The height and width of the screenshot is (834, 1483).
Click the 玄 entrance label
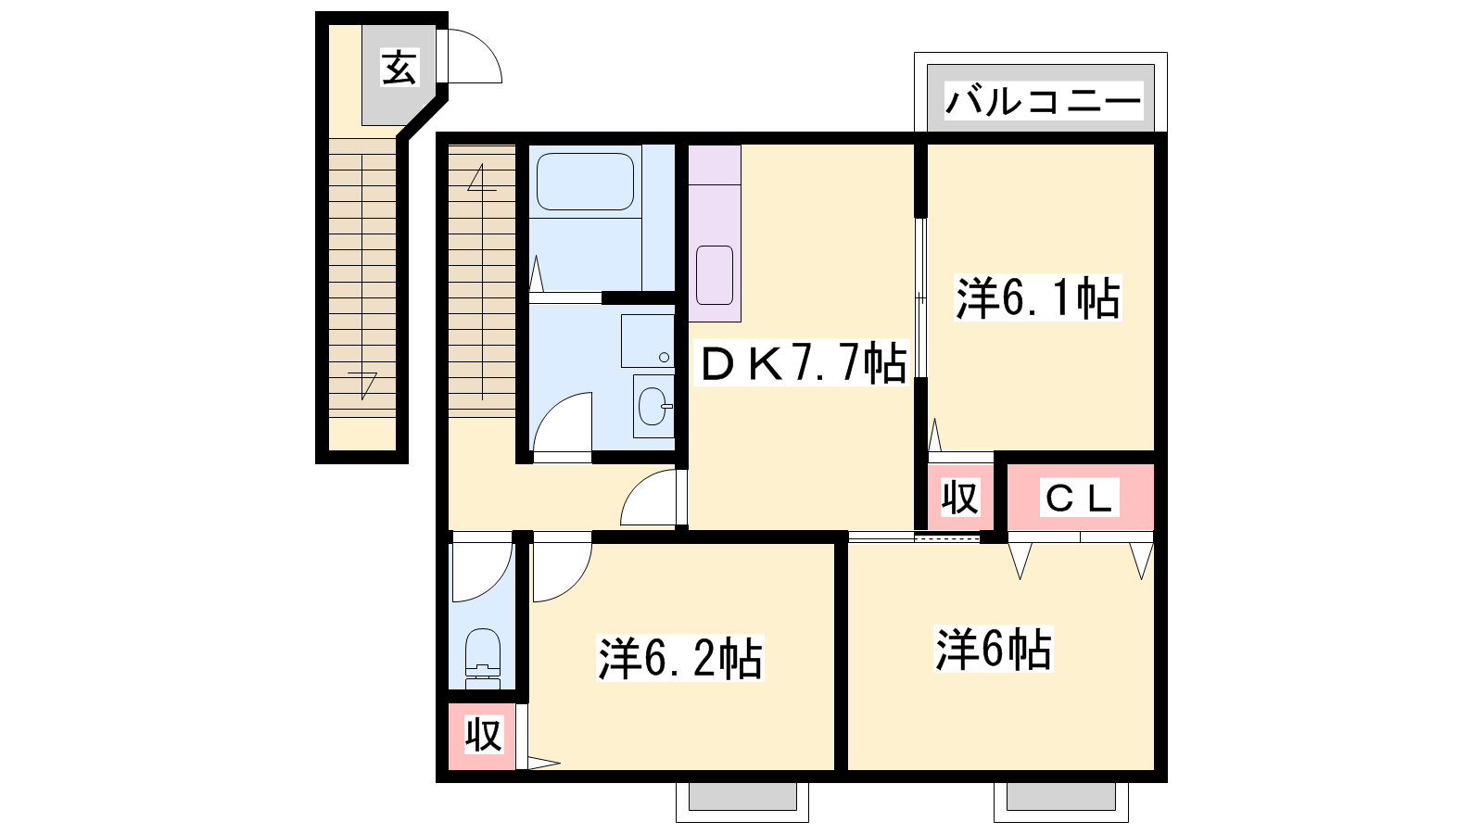click(x=399, y=68)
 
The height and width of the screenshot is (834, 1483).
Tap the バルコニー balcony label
click(x=1043, y=101)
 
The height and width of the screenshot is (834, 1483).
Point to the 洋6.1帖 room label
click(x=1037, y=298)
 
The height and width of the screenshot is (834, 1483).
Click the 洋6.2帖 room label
click(x=680, y=658)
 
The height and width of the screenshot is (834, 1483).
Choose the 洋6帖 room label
click(x=993, y=649)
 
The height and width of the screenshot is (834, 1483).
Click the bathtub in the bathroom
click(x=585, y=182)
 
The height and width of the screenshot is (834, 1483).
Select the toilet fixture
click(x=483, y=659)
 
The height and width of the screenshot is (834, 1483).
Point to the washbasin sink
click(x=653, y=406)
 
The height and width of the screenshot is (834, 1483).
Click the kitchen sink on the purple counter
click(x=715, y=274)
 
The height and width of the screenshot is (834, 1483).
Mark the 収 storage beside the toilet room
click(x=482, y=736)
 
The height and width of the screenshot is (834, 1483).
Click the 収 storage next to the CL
click(x=960, y=497)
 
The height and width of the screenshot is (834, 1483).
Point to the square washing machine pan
click(x=647, y=341)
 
